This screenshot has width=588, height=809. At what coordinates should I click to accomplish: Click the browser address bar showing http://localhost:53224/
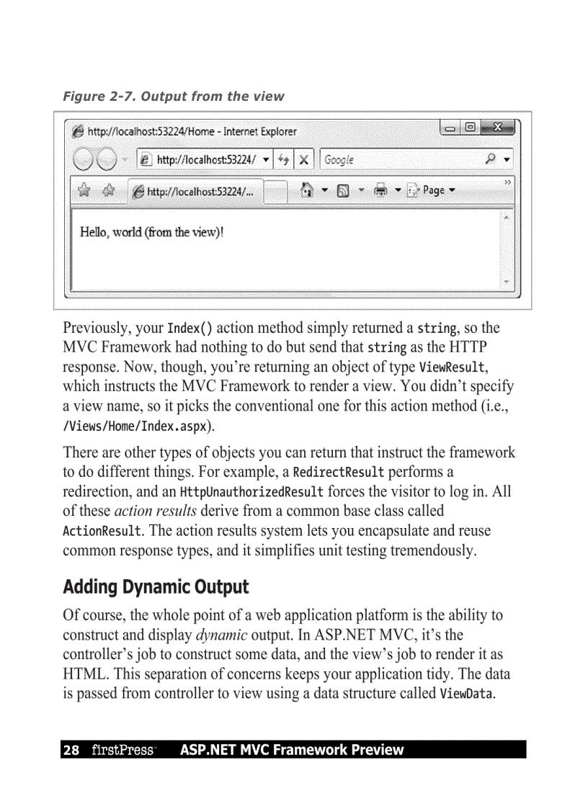[x=205, y=160]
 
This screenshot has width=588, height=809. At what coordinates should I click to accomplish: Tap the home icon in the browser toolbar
[x=307, y=190]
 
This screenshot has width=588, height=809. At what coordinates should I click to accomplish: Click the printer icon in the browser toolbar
[x=380, y=190]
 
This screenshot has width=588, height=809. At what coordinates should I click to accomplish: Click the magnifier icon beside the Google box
[x=491, y=160]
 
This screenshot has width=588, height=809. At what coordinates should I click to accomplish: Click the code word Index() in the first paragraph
[x=190, y=329]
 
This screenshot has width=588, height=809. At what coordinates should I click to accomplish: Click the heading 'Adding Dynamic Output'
[x=156, y=587]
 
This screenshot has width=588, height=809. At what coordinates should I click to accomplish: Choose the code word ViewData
[x=467, y=694]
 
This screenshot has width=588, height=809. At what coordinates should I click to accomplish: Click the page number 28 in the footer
[x=71, y=750]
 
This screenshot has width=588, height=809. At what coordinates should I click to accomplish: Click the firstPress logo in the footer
[x=122, y=750]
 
